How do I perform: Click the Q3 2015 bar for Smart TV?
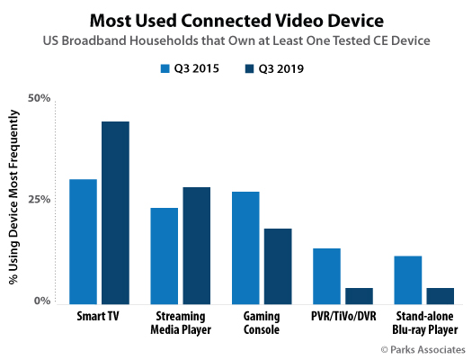click(x=83, y=240)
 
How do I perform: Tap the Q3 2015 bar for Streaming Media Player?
click(x=164, y=255)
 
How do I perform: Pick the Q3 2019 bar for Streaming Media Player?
click(x=196, y=245)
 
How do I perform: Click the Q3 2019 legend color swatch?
click(x=249, y=68)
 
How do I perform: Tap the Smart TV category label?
click(x=99, y=317)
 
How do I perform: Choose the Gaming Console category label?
click(x=262, y=323)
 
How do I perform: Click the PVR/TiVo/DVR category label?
click(x=343, y=317)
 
